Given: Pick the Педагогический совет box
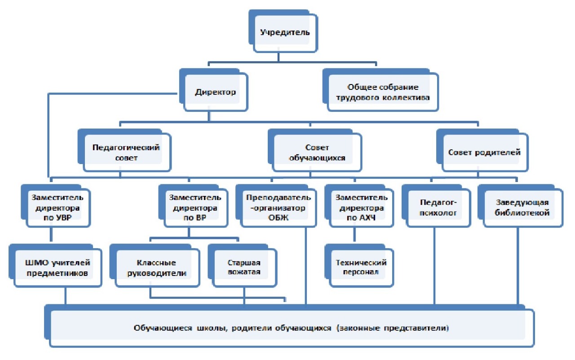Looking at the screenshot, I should pyautogui.click(x=126, y=153).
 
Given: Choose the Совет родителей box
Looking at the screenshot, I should pyautogui.click(x=484, y=152).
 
